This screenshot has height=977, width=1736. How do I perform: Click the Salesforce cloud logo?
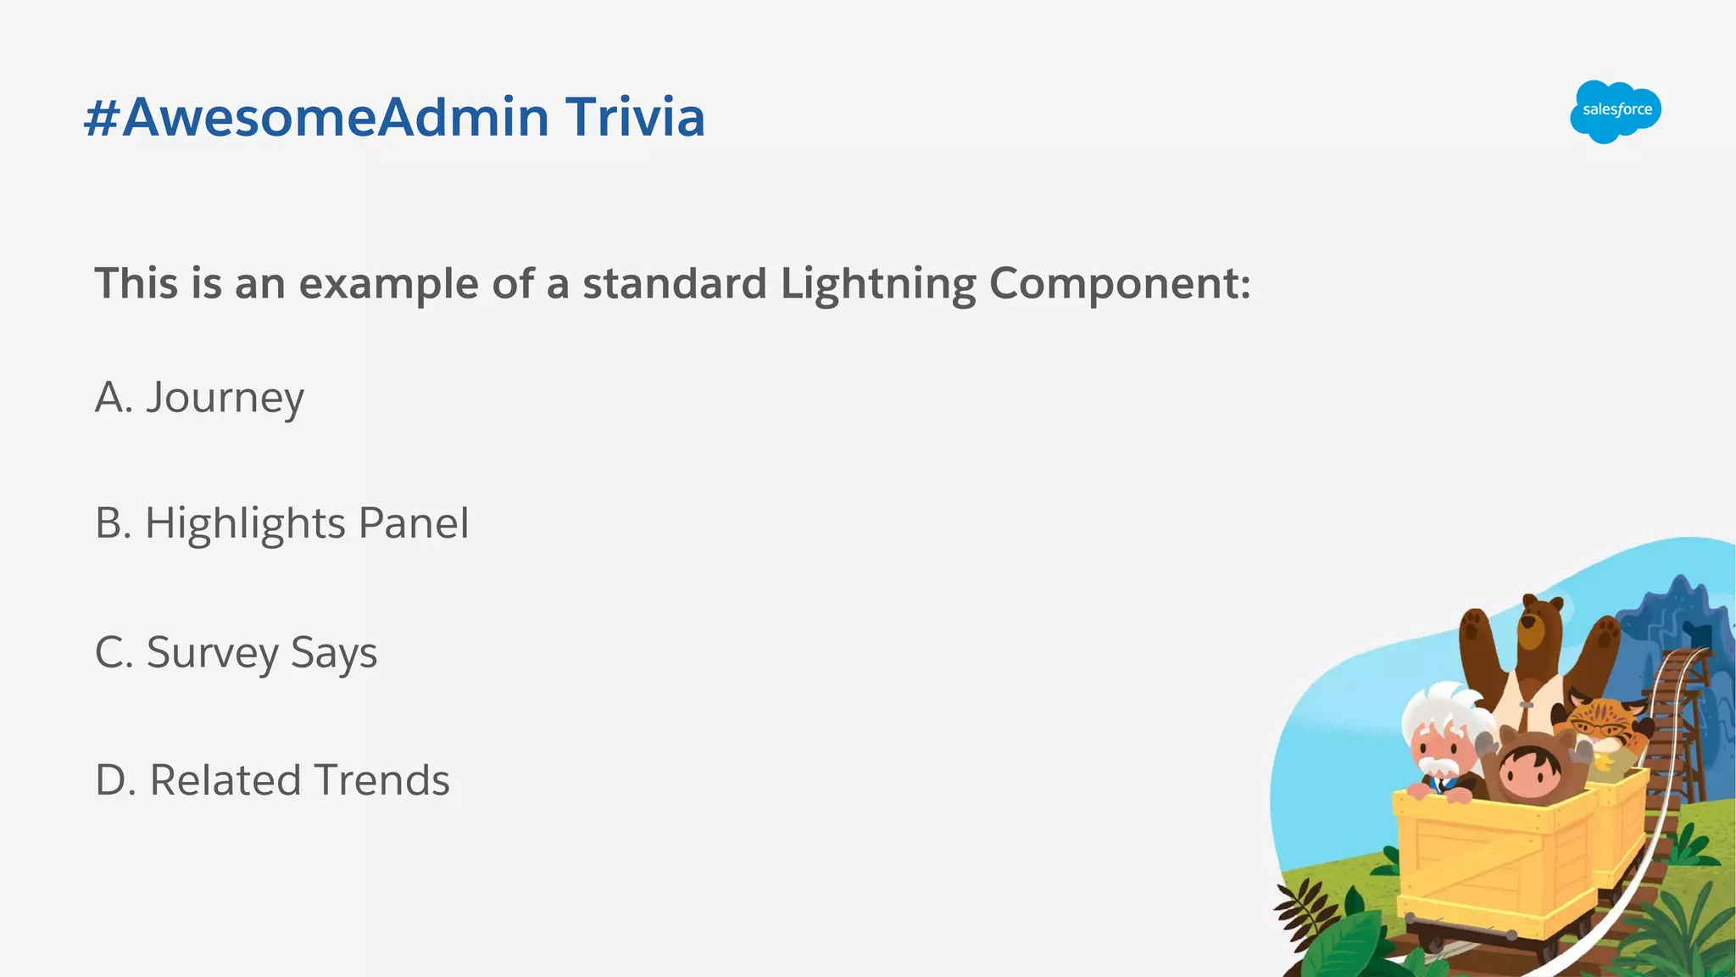[1615, 111]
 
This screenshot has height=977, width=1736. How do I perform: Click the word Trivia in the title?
[635, 117]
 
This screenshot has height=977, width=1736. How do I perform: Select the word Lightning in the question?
[878, 284]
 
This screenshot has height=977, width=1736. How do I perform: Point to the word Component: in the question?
[1120, 284]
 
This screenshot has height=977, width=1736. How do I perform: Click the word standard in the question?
[675, 284]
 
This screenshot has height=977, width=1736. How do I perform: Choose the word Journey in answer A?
[225, 399]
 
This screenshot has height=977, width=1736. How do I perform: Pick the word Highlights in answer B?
[245, 524]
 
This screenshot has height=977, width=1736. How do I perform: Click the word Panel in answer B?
[414, 523]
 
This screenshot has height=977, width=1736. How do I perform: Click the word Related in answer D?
[225, 780]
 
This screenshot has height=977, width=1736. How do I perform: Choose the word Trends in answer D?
[382, 780]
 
